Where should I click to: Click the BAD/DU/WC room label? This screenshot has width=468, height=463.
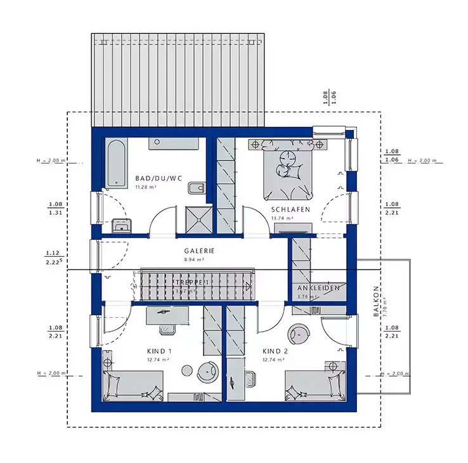pos(159,179)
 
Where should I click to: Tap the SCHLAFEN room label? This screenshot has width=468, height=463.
pos(290,209)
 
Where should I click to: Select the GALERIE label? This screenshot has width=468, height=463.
pos(199,251)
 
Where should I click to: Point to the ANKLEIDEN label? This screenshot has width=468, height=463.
pos(318,288)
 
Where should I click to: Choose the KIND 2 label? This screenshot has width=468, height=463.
pos(275,351)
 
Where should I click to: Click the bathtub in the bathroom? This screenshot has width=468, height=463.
pos(115,164)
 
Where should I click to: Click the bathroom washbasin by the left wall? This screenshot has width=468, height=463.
pos(119,225)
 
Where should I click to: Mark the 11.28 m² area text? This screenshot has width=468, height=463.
pos(145,188)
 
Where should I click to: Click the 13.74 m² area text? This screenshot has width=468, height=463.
pos(282,218)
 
